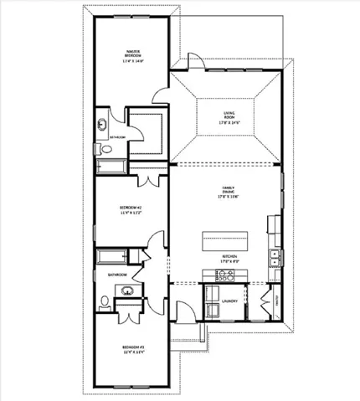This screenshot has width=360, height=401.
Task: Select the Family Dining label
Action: [x=227, y=190]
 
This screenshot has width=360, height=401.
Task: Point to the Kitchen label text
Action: [x=230, y=256]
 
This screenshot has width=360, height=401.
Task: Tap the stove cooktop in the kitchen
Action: [x=273, y=224]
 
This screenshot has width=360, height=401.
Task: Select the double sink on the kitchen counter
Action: [x=273, y=257]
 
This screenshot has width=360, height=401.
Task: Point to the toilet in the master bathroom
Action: [x=99, y=149]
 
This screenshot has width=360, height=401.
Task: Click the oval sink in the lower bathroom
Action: [x=127, y=292]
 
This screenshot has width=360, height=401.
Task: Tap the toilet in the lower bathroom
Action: [x=101, y=301]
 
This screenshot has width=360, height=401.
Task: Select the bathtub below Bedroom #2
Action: [x=110, y=255]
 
